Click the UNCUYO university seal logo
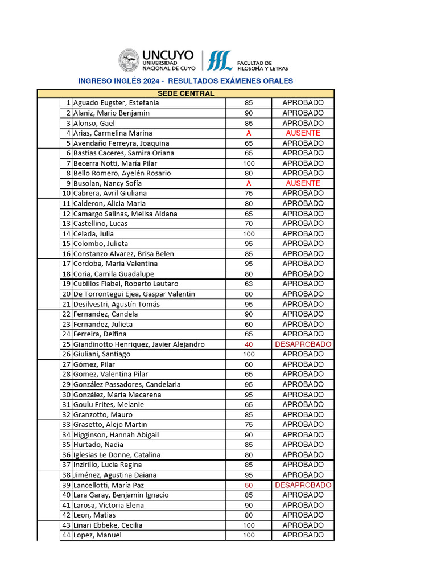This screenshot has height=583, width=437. tap(129, 61)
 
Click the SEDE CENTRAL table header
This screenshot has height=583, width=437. tap(185, 93)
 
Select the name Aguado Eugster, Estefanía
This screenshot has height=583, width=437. tap(116, 103)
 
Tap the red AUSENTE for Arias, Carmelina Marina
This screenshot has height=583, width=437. tap(303, 133)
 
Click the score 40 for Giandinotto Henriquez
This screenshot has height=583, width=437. tap(248, 344)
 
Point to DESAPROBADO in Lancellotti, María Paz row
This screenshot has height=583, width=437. tap(303, 485)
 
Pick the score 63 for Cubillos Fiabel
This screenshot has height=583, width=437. tap(248, 284)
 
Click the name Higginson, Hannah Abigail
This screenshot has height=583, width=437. tap(116, 435)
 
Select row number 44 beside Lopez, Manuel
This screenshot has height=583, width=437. tap(66, 535)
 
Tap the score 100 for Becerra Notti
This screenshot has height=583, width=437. tap(248, 163)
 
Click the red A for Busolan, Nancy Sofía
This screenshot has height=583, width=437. tap(248, 183)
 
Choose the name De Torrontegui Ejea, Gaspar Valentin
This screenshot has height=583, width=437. tap(134, 294)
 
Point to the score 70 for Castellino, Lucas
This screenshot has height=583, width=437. tap(248, 224)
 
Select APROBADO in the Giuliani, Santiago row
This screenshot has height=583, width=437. tap(303, 354)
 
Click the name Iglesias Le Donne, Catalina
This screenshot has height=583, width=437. tap(117, 455)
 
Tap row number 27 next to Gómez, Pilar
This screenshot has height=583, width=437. tap(66, 364)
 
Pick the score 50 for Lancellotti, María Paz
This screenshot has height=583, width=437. tap(248, 485)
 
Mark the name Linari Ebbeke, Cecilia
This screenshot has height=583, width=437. tap(108, 525)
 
